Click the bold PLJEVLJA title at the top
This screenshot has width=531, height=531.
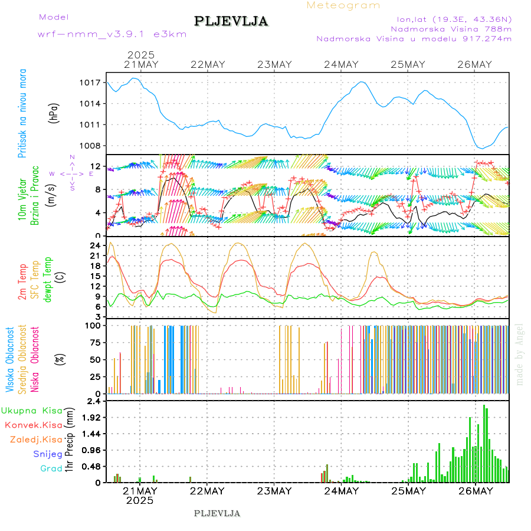231,21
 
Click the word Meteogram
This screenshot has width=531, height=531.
344,5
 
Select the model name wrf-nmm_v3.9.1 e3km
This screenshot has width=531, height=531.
112,34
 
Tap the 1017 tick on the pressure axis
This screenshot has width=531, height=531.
91,83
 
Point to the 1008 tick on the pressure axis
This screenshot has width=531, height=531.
91,146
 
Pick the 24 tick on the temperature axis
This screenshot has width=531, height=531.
95,245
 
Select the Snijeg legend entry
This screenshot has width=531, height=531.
48,454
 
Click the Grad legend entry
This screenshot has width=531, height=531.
51,468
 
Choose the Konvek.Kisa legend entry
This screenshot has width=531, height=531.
34,425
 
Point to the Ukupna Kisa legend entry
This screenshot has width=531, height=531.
32,410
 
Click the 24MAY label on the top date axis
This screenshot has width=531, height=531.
341,65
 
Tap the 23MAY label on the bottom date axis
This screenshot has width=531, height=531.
274,491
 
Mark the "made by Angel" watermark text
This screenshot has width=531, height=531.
520,354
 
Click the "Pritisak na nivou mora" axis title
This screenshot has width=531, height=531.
23,113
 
